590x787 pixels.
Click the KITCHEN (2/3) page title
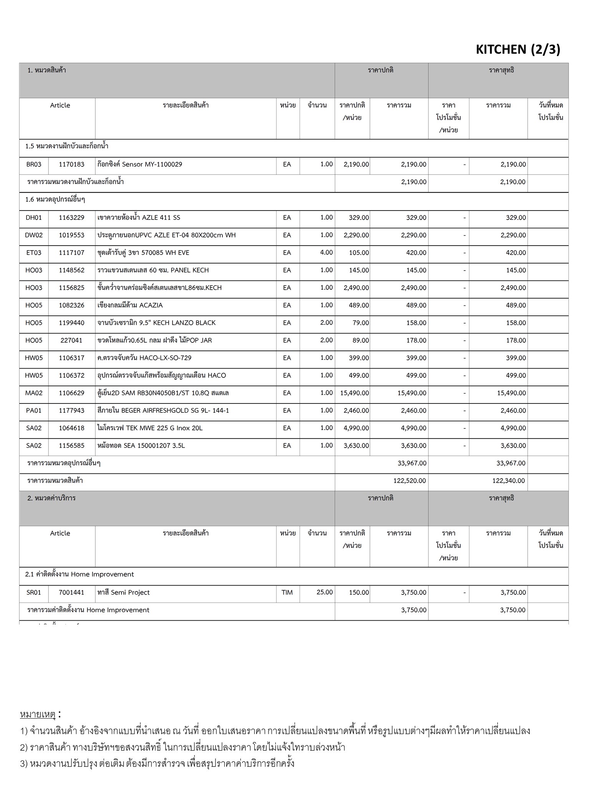coord(518,50)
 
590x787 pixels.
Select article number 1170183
coord(71,164)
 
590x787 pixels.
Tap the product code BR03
coord(34,164)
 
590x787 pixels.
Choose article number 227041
coord(71,340)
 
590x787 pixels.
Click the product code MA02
coord(34,393)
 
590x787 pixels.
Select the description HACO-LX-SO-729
coord(144,358)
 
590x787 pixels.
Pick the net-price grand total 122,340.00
coord(509,481)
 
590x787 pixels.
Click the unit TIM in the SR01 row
coord(287,593)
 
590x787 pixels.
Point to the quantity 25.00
coord(325,592)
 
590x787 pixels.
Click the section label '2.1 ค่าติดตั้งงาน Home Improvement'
coord(80,574)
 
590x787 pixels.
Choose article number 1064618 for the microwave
coord(71,428)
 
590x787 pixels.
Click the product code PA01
coord(34,411)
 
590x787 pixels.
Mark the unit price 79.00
coord(361,323)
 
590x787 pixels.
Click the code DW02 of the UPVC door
coord(34,235)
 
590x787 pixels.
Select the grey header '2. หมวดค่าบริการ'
coord(51,498)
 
